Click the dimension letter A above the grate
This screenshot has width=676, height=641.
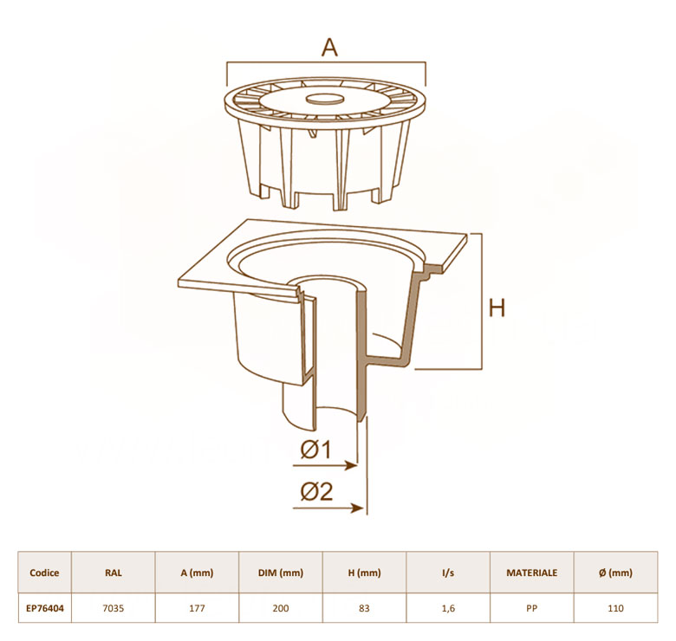pyautogui.click(x=330, y=48)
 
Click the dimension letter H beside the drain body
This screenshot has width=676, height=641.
pyautogui.click(x=497, y=308)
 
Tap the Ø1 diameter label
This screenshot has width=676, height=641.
pyautogui.click(x=316, y=450)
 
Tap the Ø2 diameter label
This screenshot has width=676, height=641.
pyautogui.click(x=317, y=490)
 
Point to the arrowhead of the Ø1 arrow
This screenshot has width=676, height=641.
pyautogui.click(x=352, y=466)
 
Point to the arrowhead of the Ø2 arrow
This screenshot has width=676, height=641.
pyautogui.click(x=358, y=508)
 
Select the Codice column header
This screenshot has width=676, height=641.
pyautogui.click(x=44, y=573)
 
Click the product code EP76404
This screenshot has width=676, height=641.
pyautogui.click(x=45, y=608)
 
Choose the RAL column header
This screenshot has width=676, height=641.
pyautogui.click(x=114, y=573)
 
